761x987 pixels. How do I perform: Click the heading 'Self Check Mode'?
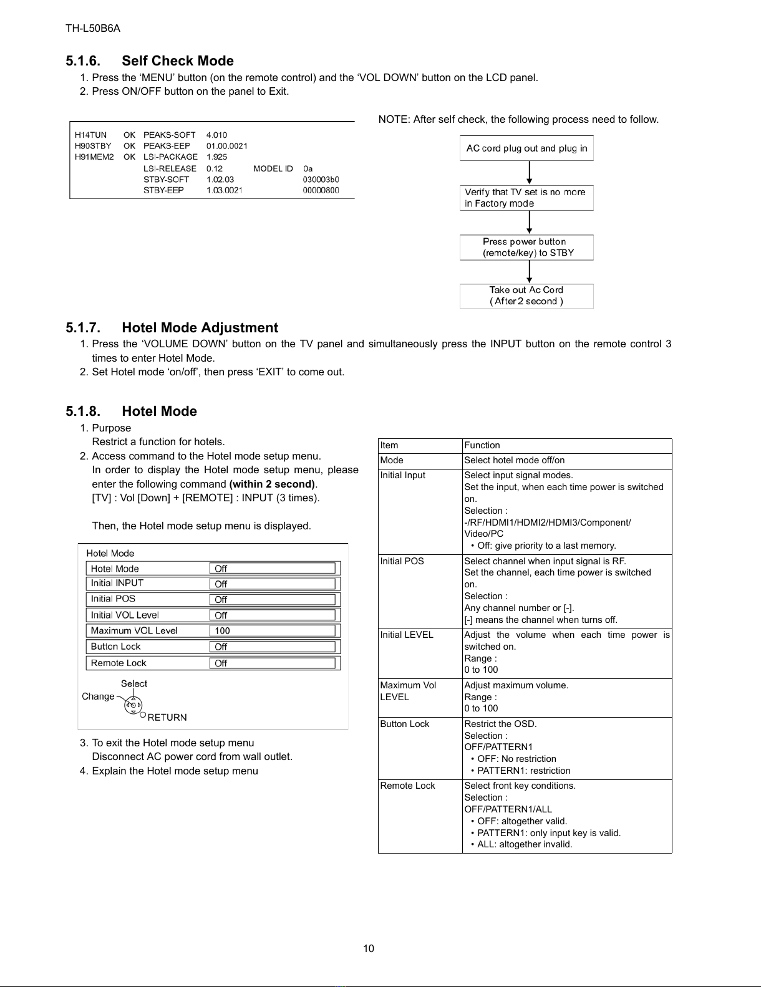tap(177, 61)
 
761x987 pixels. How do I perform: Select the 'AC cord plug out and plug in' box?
tap(526, 148)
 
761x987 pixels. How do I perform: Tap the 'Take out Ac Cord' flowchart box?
tap(526, 296)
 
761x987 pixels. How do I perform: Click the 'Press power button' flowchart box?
tap(526, 247)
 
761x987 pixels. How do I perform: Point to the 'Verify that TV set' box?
tap(526, 198)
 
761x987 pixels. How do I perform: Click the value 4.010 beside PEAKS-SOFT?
tap(216, 135)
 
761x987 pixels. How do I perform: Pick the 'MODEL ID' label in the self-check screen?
tap(273, 168)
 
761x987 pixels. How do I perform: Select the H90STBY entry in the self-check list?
tap(93, 146)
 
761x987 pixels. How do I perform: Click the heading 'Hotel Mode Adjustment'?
tap(200, 328)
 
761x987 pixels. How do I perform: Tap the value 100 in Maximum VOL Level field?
tap(223, 631)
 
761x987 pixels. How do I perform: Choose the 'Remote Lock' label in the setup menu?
tap(119, 663)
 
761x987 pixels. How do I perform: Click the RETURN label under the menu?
tap(167, 718)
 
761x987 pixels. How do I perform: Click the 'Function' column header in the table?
tap(482, 445)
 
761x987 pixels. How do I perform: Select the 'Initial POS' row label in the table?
tap(402, 561)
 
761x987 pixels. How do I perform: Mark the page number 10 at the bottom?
tap(369, 948)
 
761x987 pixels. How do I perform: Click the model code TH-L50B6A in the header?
tap(93, 29)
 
